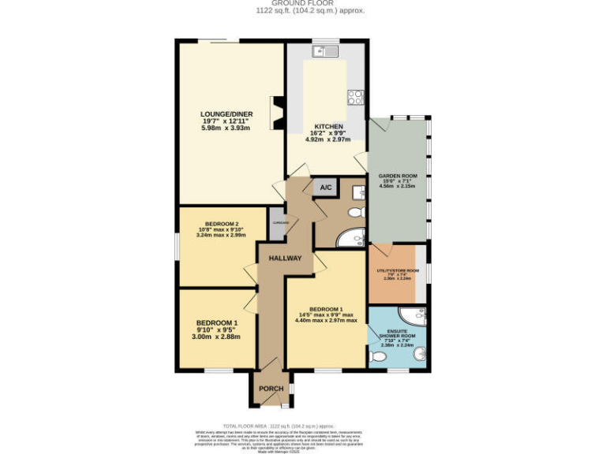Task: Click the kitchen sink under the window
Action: [x=324, y=52]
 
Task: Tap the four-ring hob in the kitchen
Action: [x=355, y=98]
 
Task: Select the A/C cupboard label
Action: [x=326, y=188]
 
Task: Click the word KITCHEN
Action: [x=327, y=126]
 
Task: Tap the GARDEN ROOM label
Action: [x=398, y=176]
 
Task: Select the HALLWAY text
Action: [x=285, y=259]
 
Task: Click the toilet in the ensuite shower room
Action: [x=378, y=358]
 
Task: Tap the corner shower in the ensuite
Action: [x=416, y=317]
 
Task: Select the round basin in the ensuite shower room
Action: [x=419, y=355]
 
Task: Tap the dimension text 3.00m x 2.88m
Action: [x=218, y=337]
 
